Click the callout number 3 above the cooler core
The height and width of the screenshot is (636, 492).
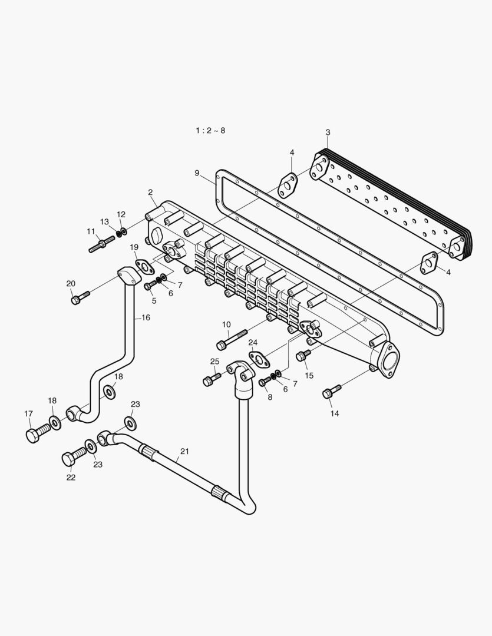[328, 132]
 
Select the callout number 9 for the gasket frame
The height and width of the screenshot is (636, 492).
[197, 173]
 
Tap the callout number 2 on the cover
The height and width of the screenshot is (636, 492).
[150, 193]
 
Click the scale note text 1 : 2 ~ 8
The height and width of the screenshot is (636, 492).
[210, 130]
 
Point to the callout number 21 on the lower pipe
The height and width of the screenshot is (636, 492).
[184, 452]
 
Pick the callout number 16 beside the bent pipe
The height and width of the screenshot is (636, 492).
[146, 317]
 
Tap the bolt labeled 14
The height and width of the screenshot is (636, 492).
[332, 392]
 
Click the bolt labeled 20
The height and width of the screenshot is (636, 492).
[80, 297]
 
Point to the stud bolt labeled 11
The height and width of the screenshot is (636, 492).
[101, 244]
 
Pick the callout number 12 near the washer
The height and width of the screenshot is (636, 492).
[121, 214]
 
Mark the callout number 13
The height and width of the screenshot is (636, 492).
[104, 222]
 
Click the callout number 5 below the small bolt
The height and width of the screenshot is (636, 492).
[154, 300]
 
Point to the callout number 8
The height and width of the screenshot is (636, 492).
[270, 397]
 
